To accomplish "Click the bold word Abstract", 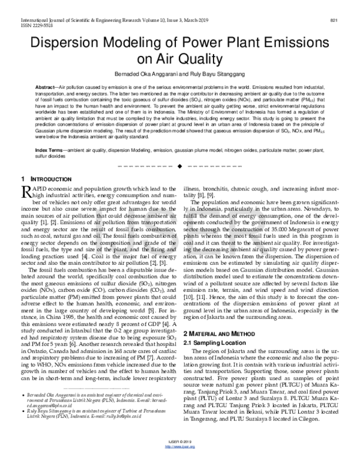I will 47,88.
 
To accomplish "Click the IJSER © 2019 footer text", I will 179,456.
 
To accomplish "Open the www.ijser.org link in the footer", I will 179,461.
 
